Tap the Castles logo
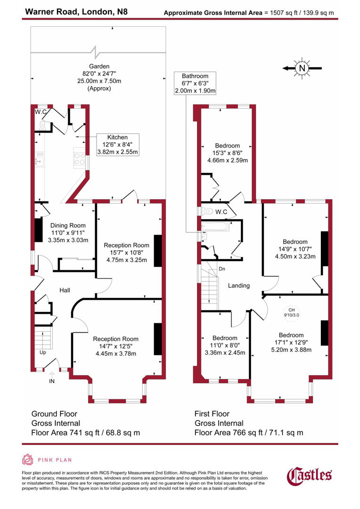tap(310, 476)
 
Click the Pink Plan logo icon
tap(28, 460)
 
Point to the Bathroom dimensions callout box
tap(195, 83)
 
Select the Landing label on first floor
tap(239, 286)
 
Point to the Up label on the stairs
tap(43, 352)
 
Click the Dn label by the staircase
tap(222, 269)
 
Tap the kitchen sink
tap(40, 159)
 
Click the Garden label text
tap(99, 66)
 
